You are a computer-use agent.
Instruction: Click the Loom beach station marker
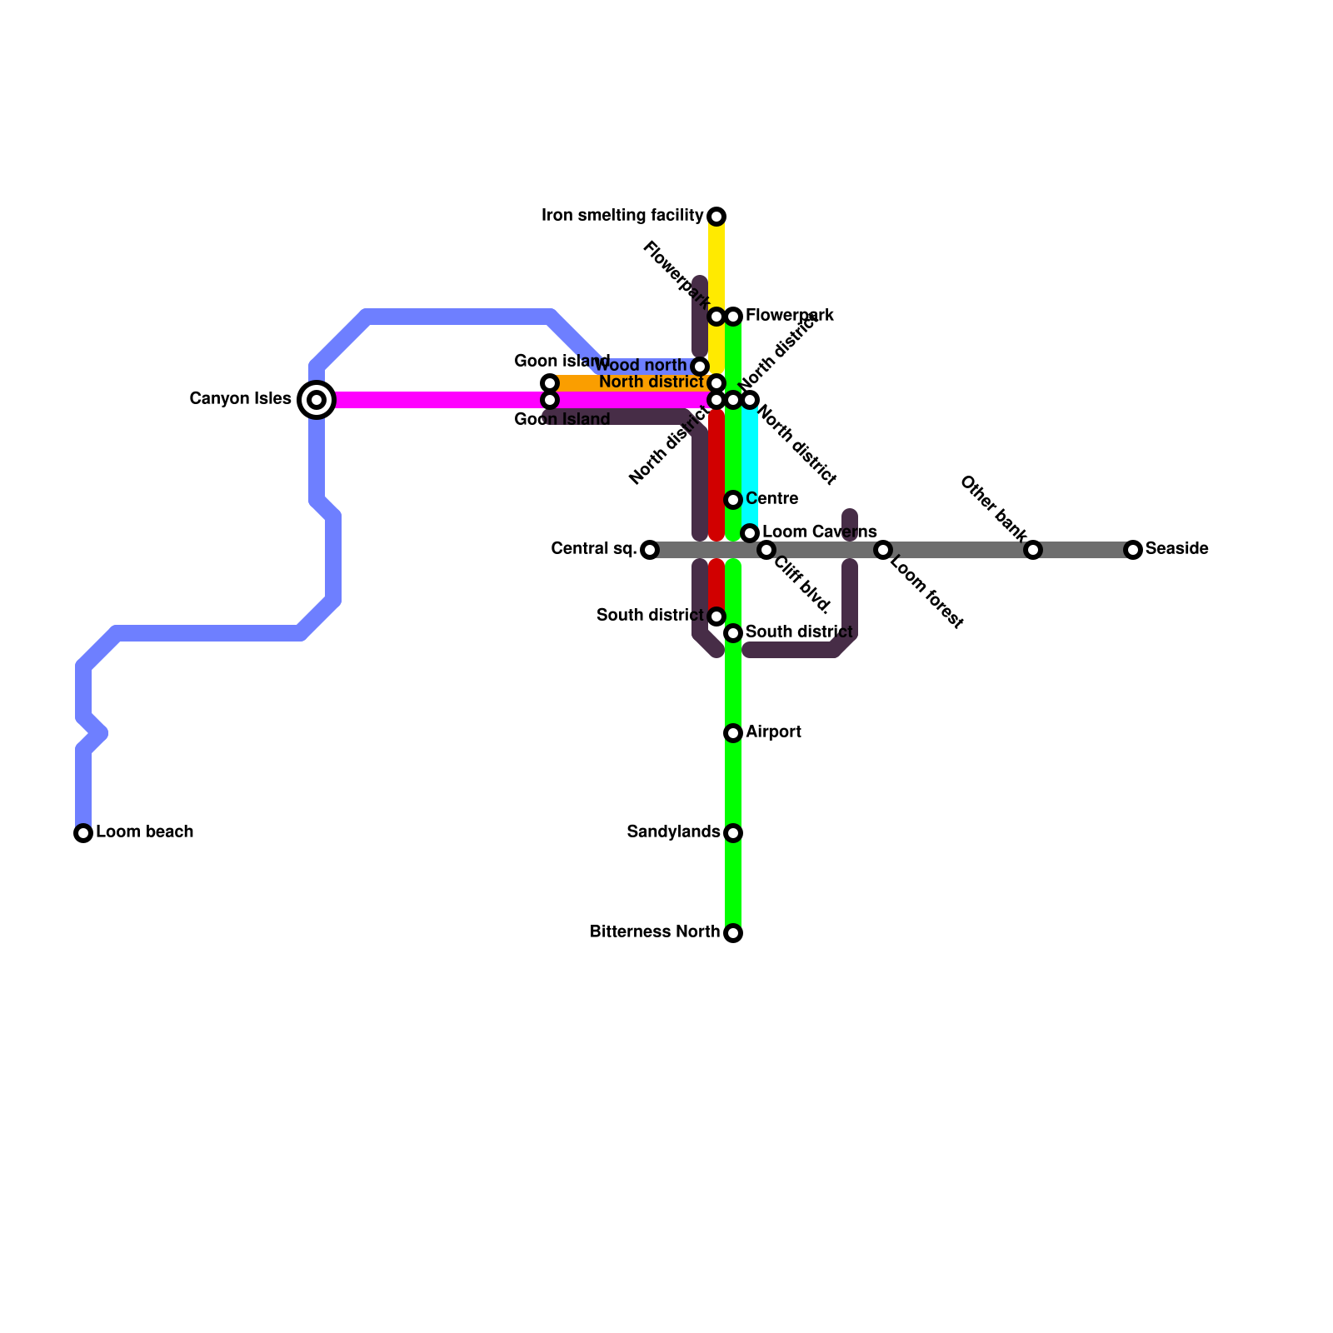(83, 833)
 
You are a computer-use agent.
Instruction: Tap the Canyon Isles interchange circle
(317, 400)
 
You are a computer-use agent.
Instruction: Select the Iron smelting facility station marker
(716, 217)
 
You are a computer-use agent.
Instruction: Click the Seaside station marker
(1133, 550)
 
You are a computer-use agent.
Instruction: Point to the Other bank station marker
(1033, 550)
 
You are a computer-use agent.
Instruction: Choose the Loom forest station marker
(883, 550)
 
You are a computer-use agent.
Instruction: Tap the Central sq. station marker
(650, 550)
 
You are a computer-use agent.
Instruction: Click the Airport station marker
(733, 733)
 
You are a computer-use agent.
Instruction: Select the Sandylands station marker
(733, 833)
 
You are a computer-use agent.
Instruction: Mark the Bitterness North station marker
(733, 933)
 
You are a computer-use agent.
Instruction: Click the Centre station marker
(733, 500)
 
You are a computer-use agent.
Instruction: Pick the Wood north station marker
(700, 367)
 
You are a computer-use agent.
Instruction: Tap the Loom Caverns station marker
(750, 533)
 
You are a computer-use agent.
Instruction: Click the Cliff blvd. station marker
(766, 550)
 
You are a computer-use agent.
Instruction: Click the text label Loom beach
(145, 832)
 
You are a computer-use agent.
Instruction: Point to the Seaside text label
(1176, 549)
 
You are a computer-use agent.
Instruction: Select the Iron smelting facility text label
(622, 216)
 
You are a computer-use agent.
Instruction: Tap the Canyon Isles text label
(240, 399)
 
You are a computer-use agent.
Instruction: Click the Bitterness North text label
(654, 932)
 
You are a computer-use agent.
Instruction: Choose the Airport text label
(773, 732)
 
